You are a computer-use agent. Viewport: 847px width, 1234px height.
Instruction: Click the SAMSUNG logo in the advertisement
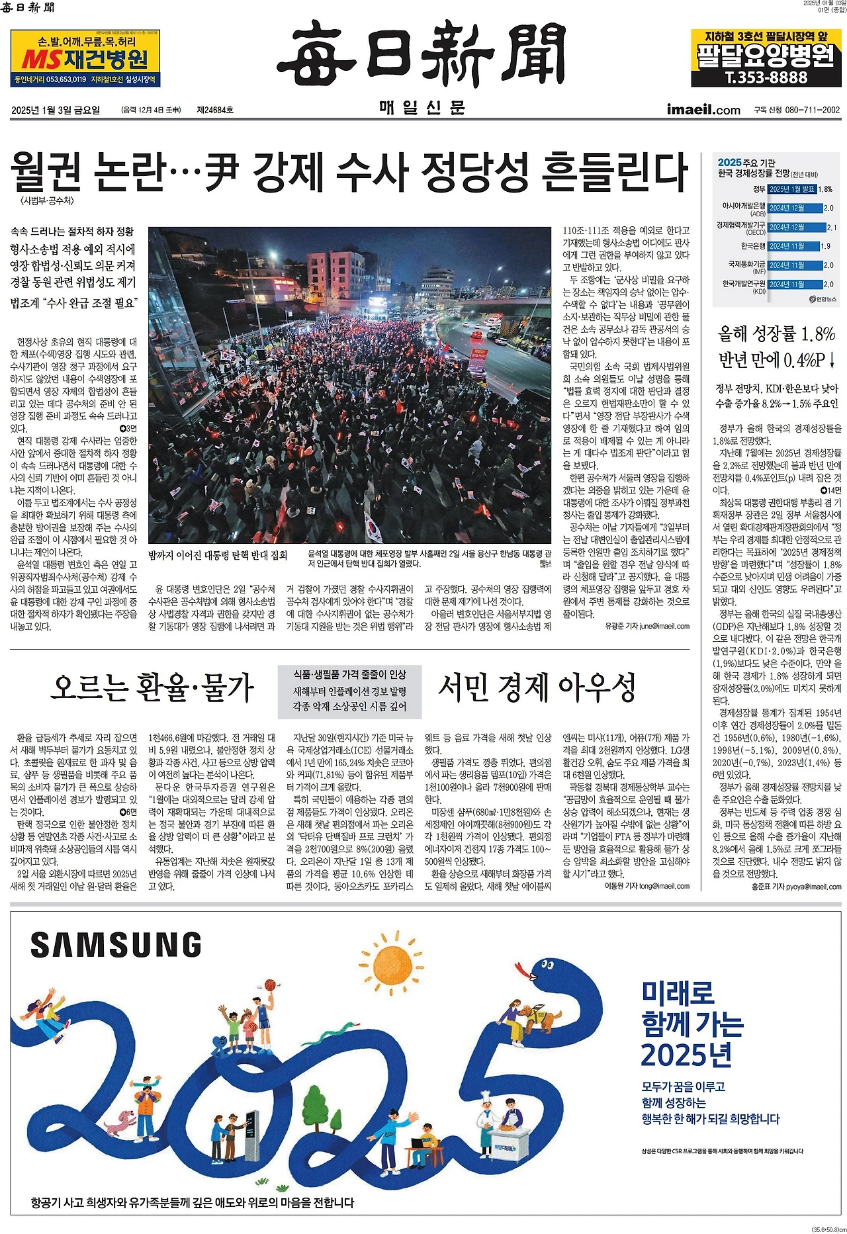(116, 945)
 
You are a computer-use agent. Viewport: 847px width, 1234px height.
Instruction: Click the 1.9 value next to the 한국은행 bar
(825, 246)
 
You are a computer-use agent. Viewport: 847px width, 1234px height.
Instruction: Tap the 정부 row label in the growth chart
(758, 189)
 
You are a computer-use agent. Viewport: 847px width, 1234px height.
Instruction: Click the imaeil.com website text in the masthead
(703, 110)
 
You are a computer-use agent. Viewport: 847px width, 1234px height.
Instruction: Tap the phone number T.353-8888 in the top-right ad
(766, 77)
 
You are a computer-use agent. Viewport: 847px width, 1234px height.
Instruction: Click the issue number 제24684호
(214, 110)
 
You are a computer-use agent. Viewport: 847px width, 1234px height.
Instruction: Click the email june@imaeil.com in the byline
(664, 626)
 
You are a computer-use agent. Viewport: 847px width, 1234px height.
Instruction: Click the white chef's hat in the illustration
(485, 1094)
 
